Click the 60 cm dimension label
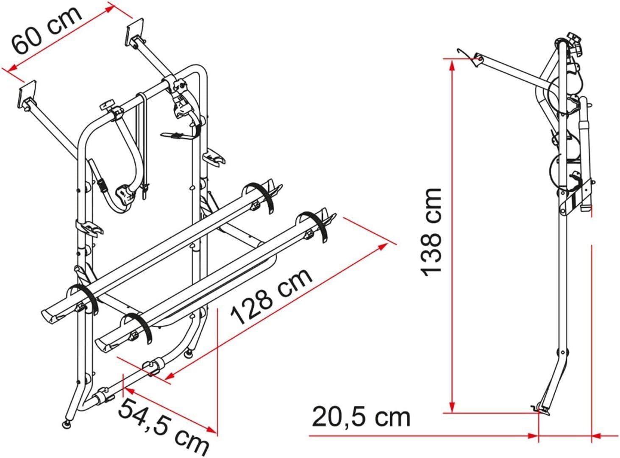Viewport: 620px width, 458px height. tap(47, 29)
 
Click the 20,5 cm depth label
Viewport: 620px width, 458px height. tap(361, 417)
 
